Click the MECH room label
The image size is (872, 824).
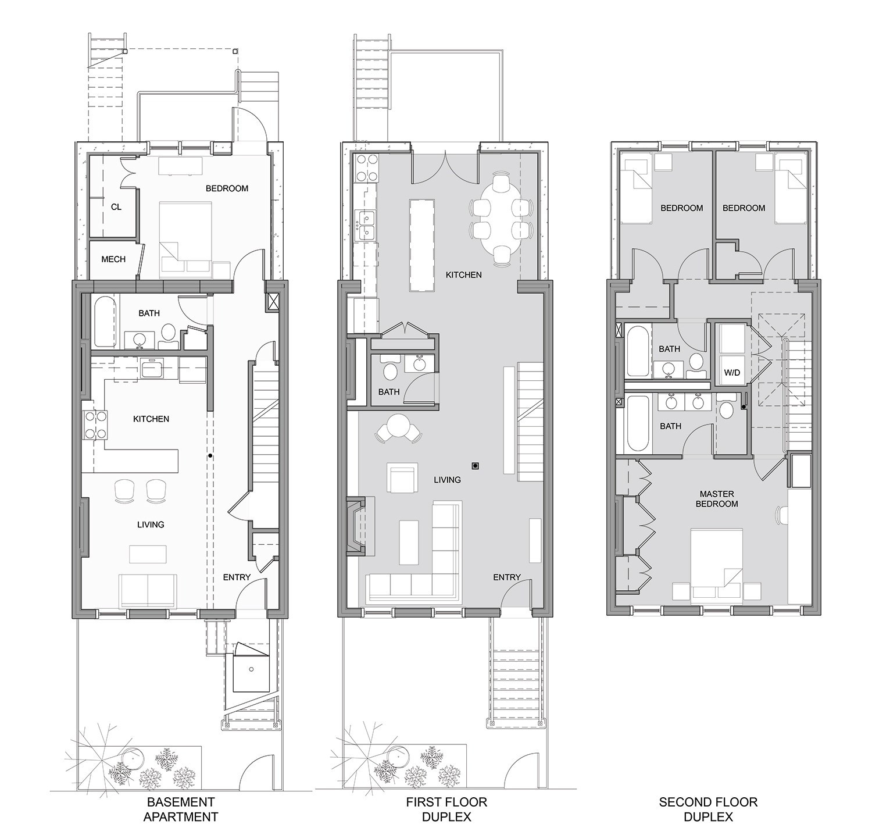[113, 259]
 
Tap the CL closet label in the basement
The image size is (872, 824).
[116, 207]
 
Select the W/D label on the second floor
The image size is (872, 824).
[732, 373]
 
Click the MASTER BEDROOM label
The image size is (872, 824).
[716, 498]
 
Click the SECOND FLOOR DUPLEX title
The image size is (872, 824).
[708, 809]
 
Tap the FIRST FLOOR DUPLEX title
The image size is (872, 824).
[446, 809]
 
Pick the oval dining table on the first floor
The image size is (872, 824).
[501, 217]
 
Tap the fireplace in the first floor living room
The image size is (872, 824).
[355, 526]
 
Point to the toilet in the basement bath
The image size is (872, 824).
[169, 333]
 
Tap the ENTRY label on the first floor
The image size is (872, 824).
[506, 577]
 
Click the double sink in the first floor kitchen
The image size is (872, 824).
[366, 226]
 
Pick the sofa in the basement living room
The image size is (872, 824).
[148, 590]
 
